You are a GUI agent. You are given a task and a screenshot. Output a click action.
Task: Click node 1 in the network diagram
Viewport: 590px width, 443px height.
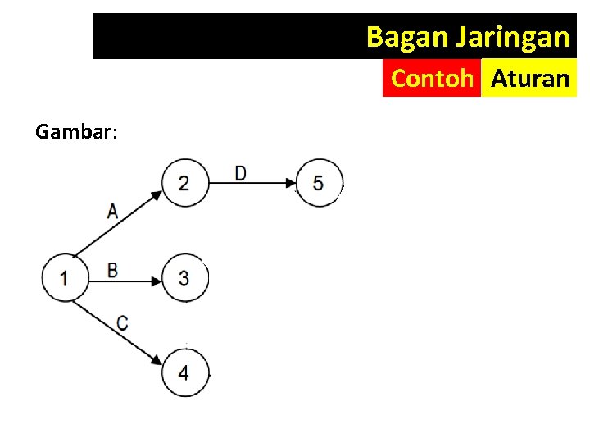click(65, 278)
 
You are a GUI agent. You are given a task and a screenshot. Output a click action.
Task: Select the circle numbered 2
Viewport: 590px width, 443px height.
click(184, 182)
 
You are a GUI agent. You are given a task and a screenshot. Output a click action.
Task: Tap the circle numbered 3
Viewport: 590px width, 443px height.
click(184, 279)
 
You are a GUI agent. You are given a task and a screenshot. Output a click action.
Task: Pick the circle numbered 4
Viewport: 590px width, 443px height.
click(184, 373)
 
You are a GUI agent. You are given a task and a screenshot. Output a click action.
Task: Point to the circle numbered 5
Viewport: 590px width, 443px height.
click(318, 182)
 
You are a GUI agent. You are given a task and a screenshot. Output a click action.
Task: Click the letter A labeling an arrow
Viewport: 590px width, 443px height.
click(112, 211)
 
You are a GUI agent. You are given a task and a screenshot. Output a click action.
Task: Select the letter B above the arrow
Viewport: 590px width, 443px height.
click(112, 269)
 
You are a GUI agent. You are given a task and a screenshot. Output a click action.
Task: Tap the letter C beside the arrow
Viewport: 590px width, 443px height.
click(122, 322)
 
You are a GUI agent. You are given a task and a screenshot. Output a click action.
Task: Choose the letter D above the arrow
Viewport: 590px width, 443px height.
click(240, 173)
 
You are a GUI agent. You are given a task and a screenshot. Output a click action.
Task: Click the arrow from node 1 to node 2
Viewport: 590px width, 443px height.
click(119, 226)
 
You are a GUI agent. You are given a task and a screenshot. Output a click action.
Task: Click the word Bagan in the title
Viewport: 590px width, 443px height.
click(397, 37)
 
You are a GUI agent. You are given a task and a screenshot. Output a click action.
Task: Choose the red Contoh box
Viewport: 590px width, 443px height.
click(432, 79)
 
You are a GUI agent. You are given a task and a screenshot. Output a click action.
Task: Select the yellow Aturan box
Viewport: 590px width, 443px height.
click(529, 79)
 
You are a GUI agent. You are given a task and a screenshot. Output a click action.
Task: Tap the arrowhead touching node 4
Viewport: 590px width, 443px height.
click(156, 359)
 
